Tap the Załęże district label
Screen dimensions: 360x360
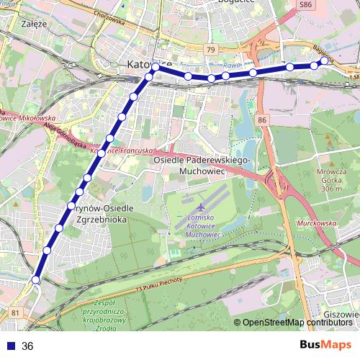(x=35, y=24)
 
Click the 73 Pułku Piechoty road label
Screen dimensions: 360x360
(x=159, y=284)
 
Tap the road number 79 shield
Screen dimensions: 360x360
(x=210, y=50)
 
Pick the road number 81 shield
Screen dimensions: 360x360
(x=15, y=312)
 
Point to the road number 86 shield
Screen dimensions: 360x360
(x=262, y=120)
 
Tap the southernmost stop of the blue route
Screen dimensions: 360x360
(x=35, y=279)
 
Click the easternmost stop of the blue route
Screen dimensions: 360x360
(x=324, y=60)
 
